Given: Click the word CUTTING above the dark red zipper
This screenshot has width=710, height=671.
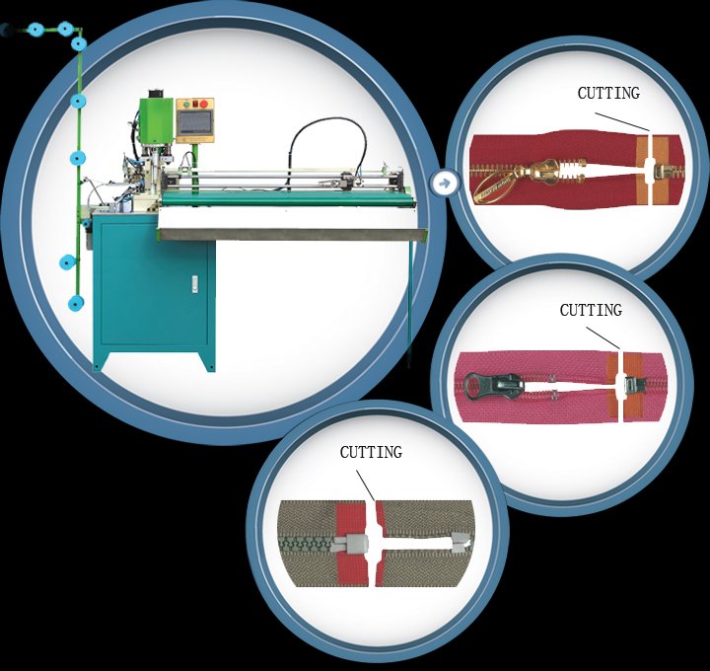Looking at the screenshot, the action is pyautogui.click(x=608, y=93).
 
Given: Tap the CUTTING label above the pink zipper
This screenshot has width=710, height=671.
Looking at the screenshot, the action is pyautogui.click(x=591, y=310).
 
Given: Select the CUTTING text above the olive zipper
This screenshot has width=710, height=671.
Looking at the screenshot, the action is pyautogui.click(x=371, y=452).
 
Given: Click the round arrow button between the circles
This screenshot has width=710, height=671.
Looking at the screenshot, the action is pyautogui.click(x=445, y=184).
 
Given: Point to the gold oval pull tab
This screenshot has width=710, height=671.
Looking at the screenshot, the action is pyautogui.click(x=494, y=186).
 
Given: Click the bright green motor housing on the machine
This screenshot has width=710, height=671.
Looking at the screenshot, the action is pyautogui.click(x=156, y=119).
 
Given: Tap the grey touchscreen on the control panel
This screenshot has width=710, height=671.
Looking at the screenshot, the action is pyautogui.click(x=195, y=122).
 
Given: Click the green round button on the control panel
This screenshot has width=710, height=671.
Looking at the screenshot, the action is pyautogui.click(x=186, y=105).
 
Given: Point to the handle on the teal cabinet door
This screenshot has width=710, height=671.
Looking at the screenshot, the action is pyautogui.click(x=194, y=284).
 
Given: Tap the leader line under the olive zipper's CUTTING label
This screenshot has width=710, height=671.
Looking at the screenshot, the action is pyautogui.click(x=365, y=485).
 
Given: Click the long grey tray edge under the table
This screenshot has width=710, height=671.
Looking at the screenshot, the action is pyautogui.click(x=292, y=234).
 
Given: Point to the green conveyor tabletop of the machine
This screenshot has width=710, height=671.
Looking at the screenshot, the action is pyautogui.click(x=288, y=197).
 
